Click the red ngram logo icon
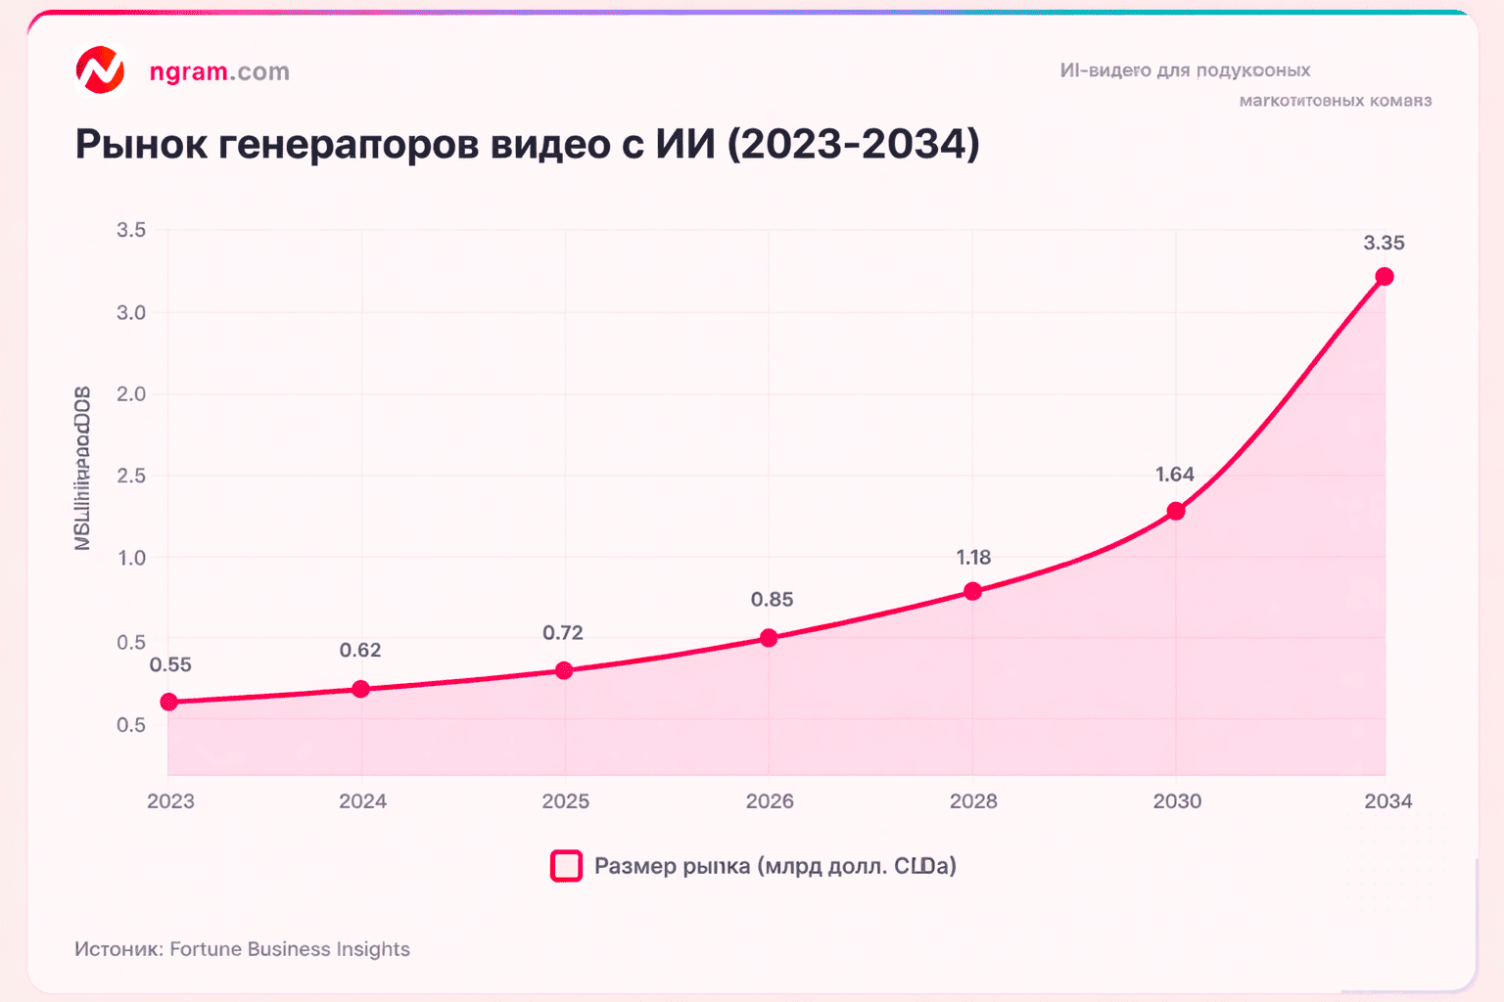(101, 70)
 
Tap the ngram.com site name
(219, 71)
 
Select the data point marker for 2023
(168, 702)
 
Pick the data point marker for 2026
(769, 638)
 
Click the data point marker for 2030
(1176, 511)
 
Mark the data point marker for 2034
(1385, 277)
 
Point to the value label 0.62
(360, 650)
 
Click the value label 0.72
(563, 632)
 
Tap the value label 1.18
(973, 557)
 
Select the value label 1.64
(1175, 475)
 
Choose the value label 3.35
(1384, 243)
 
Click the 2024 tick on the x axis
(362, 801)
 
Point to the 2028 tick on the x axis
(973, 801)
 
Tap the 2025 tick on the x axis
(566, 801)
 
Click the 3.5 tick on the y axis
(131, 230)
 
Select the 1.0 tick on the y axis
(131, 558)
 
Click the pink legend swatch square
(566, 866)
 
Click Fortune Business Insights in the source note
(290, 949)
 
